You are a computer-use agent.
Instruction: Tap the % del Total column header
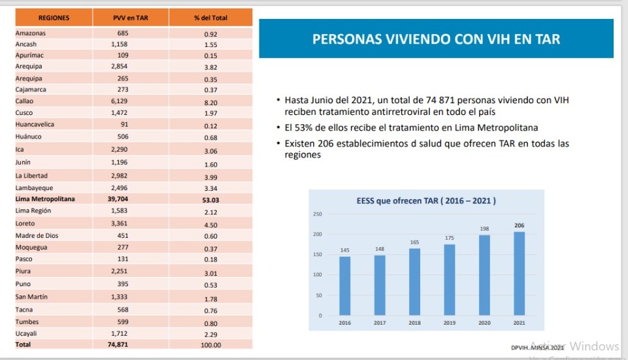pos(210,18)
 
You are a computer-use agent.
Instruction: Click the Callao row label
pos(25,101)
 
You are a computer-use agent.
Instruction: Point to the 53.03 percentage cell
pos(210,199)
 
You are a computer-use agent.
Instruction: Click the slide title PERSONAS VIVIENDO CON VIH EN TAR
pos(436,39)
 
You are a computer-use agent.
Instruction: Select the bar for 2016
pos(344,286)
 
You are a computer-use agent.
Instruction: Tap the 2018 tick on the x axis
pos(414,323)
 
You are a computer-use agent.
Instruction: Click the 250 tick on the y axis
pos(318,214)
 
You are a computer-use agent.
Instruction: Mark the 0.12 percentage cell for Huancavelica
pos(210,125)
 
